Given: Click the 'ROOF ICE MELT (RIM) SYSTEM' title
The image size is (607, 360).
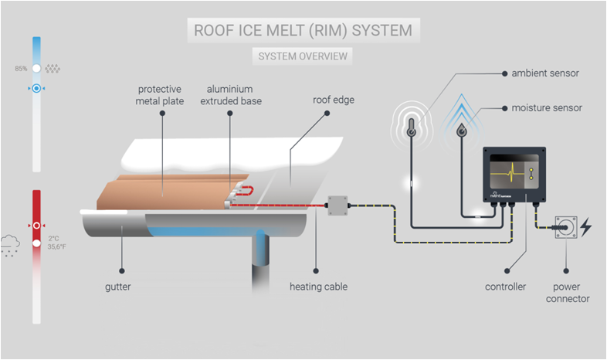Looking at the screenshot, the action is pos(303,31).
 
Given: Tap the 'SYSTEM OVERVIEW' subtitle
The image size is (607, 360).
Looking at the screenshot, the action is pos(303,56).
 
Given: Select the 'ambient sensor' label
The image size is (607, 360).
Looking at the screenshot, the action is pos(545,73).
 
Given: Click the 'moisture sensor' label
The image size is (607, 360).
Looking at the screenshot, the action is pos(547,108).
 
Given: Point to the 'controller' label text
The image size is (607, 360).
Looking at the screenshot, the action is pos(505,287).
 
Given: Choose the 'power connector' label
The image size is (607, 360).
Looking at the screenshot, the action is pos(567,293).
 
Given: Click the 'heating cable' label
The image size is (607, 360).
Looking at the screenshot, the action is pos(319,287).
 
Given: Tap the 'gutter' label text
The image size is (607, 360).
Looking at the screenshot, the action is pos(117,287).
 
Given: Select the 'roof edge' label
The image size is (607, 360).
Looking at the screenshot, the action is pos(334,100).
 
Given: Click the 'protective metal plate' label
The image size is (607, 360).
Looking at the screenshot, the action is pos(160,95).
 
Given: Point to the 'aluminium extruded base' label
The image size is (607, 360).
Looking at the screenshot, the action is pos(231,95).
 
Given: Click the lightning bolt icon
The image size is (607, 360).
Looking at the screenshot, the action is pos(585,227).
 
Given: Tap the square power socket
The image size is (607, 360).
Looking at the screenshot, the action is pos(566,227).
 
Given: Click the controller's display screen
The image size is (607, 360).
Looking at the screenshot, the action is pos(514,172).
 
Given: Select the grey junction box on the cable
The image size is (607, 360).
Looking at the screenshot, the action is pos(337,205).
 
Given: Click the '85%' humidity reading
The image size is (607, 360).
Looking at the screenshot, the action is pos(21,69).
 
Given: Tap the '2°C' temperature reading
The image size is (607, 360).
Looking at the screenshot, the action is pos(54,239).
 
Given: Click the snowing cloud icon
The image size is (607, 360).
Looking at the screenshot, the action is pos(10,246).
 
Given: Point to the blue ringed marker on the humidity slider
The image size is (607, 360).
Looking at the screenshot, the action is pos(36,89).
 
